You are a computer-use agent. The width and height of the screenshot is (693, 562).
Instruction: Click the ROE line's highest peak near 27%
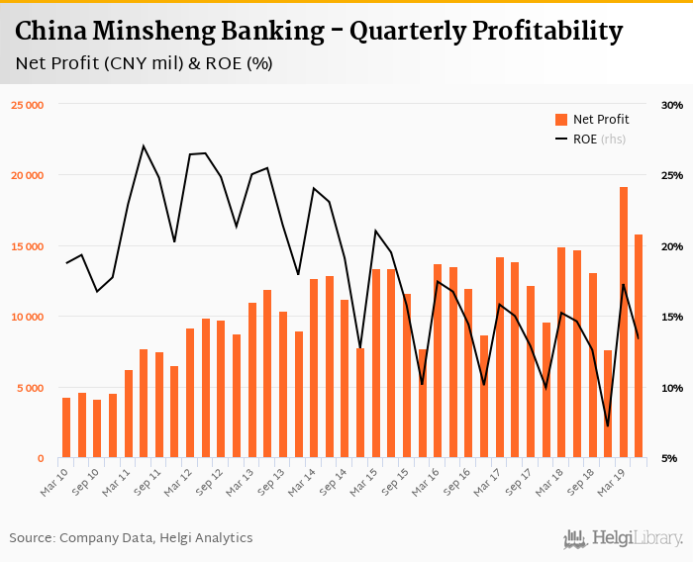point(144,146)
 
